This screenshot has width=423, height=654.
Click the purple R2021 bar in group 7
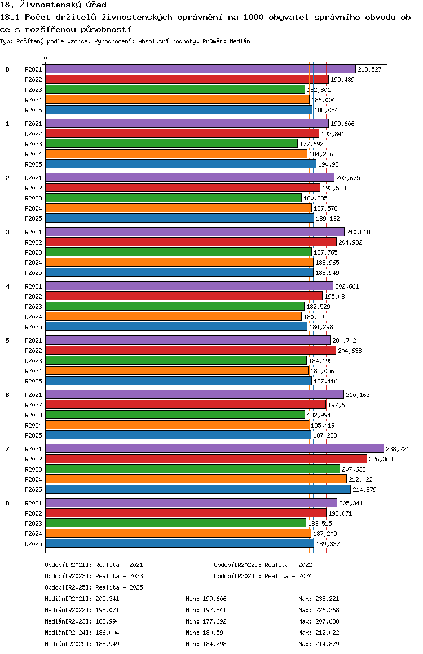(x=215, y=448)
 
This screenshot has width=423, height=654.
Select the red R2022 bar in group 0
(x=187, y=79)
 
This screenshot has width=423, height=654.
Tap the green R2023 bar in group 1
(x=171, y=143)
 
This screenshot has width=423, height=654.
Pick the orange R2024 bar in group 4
(x=174, y=317)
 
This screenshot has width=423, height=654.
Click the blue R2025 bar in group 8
(x=180, y=543)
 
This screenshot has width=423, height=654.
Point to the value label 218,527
(x=369, y=69)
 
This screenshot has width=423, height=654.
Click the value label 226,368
(x=381, y=459)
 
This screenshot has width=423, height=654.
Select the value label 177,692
(x=311, y=144)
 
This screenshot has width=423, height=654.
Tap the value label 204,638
(x=350, y=351)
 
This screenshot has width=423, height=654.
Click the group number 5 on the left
(x=7, y=341)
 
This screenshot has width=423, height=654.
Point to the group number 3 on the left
(x=7, y=232)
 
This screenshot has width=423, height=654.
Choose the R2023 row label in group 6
(x=33, y=416)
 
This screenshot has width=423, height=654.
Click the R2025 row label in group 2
(x=33, y=219)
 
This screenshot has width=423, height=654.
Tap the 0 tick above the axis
(x=45, y=58)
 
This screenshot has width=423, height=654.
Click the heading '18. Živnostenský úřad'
(x=53, y=5)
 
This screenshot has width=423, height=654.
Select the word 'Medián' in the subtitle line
(x=240, y=41)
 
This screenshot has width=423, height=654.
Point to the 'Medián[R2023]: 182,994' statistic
(x=82, y=621)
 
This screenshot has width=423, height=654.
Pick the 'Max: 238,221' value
(x=319, y=599)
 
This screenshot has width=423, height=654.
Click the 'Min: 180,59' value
(x=204, y=633)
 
